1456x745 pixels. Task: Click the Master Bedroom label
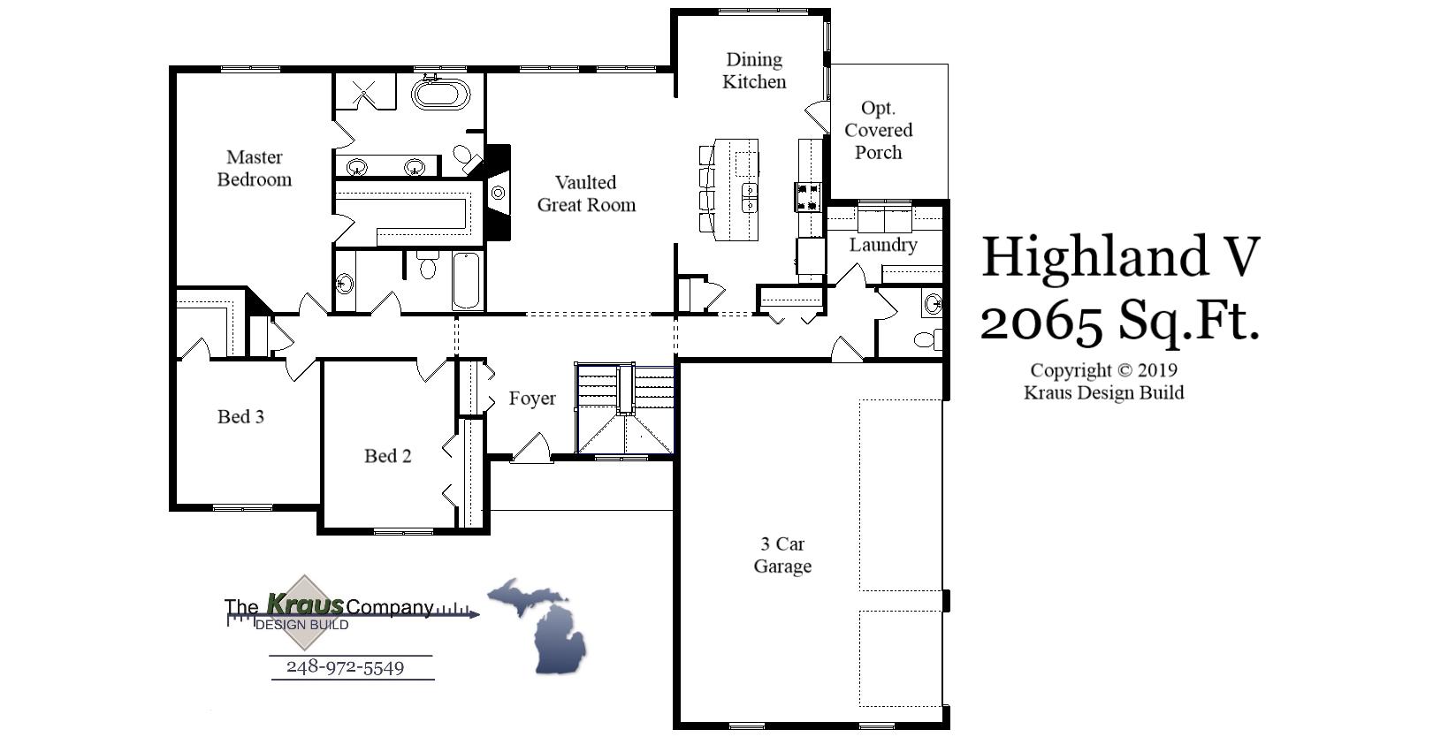(255, 168)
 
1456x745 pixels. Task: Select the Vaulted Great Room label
(586, 194)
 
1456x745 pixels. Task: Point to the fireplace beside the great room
(499, 192)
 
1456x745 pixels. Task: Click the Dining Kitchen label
(754, 71)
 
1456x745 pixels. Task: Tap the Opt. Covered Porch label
(878, 130)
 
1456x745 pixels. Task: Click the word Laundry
(883, 245)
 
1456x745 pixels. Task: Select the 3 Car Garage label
(782, 555)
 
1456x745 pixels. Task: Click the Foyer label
(532, 399)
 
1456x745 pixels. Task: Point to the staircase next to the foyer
(624, 408)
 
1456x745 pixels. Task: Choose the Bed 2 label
(387, 456)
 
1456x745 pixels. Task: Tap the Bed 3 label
(240, 416)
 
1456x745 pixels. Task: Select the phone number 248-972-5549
(345, 667)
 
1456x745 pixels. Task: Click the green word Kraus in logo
(305, 604)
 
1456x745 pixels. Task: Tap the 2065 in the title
(1042, 321)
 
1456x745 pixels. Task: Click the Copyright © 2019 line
(1103, 370)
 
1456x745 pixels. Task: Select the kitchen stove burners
(809, 196)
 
